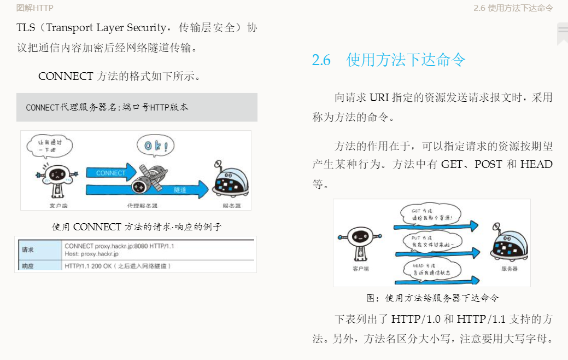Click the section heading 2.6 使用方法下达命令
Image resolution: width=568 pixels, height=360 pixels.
pos(388,60)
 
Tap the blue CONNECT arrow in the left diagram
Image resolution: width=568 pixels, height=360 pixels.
pos(112,172)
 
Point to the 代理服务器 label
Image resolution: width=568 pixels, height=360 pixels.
pos(142,206)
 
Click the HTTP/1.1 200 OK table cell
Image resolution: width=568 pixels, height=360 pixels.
pos(118,266)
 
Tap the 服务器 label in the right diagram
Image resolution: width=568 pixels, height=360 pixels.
pos(509,269)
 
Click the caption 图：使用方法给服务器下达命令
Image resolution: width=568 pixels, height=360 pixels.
pos(432,298)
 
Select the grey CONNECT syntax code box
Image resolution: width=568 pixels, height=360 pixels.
pos(136,107)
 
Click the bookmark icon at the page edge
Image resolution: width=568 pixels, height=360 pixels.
pos(562,34)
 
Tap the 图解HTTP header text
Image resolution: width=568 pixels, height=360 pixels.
pos(35,8)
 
